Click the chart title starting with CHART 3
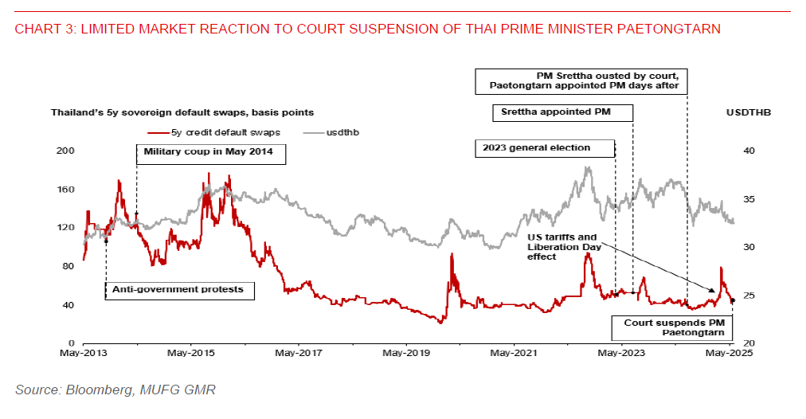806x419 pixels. [367, 29]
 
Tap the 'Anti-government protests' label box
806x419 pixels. [179, 288]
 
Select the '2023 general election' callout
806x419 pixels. [544, 147]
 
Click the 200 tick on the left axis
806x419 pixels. [68, 150]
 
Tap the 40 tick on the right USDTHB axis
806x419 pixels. [751, 150]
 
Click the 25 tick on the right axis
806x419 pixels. [751, 296]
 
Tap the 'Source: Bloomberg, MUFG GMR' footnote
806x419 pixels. [115, 390]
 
